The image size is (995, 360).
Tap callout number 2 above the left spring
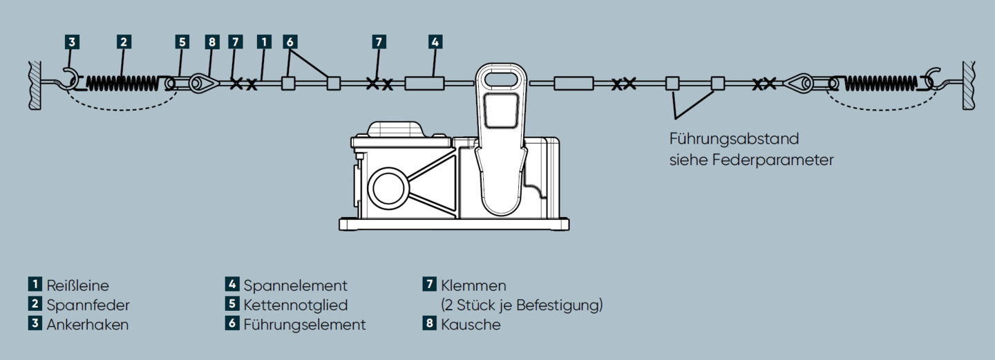click(x=123, y=41)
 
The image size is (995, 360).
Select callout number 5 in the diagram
click(x=182, y=41)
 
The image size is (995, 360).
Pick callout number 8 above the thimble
click(x=211, y=41)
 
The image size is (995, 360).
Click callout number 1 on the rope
click(x=263, y=41)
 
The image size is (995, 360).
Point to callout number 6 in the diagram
click(x=290, y=41)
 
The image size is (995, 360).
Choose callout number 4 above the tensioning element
click(x=434, y=41)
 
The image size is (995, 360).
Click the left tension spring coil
click(x=123, y=84)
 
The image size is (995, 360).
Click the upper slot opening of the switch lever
click(x=500, y=78)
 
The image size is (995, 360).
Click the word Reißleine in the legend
click(x=77, y=285)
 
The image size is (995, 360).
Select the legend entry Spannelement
click(x=295, y=285)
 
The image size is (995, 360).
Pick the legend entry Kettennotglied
click(x=295, y=305)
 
